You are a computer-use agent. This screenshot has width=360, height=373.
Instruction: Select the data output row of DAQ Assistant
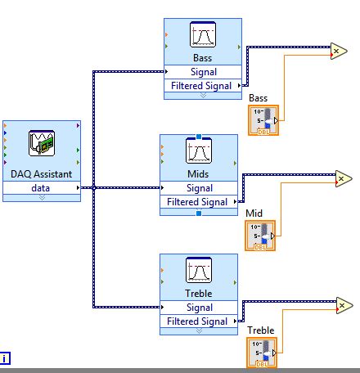pyautogui.click(x=41, y=187)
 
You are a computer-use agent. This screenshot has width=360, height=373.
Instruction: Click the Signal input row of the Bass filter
pyautogui.click(x=202, y=72)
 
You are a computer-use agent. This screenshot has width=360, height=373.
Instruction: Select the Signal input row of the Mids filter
pyautogui.click(x=199, y=188)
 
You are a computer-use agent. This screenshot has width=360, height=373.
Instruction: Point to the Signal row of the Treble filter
pyautogui.click(x=199, y=308)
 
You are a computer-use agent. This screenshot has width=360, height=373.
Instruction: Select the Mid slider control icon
pyautogui.click(x=260, y=236)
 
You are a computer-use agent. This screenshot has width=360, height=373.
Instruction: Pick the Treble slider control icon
pyautogui.click(x=262, y=352)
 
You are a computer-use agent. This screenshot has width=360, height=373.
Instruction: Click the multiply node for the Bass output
pyautogui.click(x=337, y=51)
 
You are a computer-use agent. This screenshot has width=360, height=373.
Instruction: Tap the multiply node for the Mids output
pyautogui.click(x=343, y=177)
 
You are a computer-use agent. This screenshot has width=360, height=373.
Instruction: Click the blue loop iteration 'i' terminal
pyautogui.click(x=6, y=357)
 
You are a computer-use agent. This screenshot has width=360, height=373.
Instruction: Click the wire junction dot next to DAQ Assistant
pyautogui.click(x=94, y=188)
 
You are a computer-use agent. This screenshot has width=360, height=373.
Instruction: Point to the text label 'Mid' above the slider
pyautogui.click(x=254, y=213)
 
